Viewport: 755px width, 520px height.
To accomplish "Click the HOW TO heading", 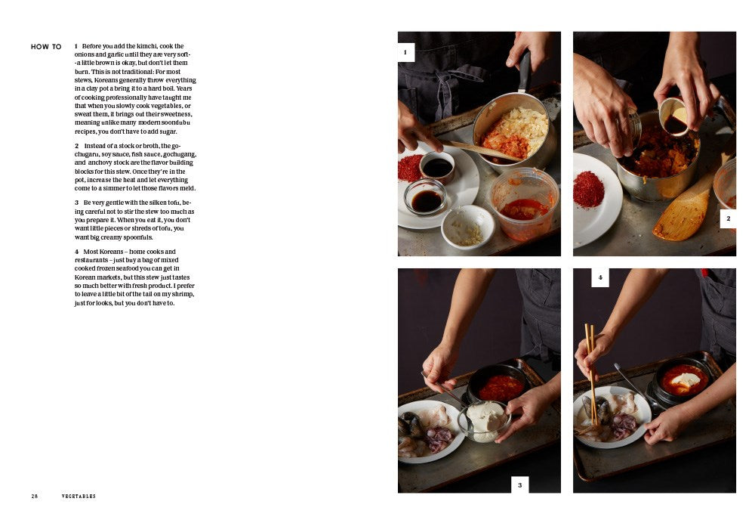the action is [x=46, y=47].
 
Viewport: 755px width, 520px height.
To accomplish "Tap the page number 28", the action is [x=35, y=496].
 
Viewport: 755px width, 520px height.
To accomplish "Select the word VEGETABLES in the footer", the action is [x=79, y=496].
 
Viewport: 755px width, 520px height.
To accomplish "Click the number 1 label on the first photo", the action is [x=405, y=52].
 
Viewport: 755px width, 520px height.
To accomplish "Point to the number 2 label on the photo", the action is [x=728, y=218].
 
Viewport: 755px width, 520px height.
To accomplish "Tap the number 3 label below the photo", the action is [x=519, y=484].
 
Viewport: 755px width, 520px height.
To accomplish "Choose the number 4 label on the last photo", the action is [x=600, y=277].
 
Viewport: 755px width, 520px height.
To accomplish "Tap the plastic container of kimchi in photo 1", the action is [x=525, y=204].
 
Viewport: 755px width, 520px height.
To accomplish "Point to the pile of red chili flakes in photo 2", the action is [x=588, y=189].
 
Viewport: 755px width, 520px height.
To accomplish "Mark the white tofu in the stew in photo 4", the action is [x=686, y=379].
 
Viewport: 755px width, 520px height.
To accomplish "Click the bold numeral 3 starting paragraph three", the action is [x=76, y=203].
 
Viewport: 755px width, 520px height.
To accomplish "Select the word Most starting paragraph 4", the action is [x=91, y=252].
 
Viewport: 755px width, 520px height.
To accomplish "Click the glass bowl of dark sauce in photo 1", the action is [x=425, y=197].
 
